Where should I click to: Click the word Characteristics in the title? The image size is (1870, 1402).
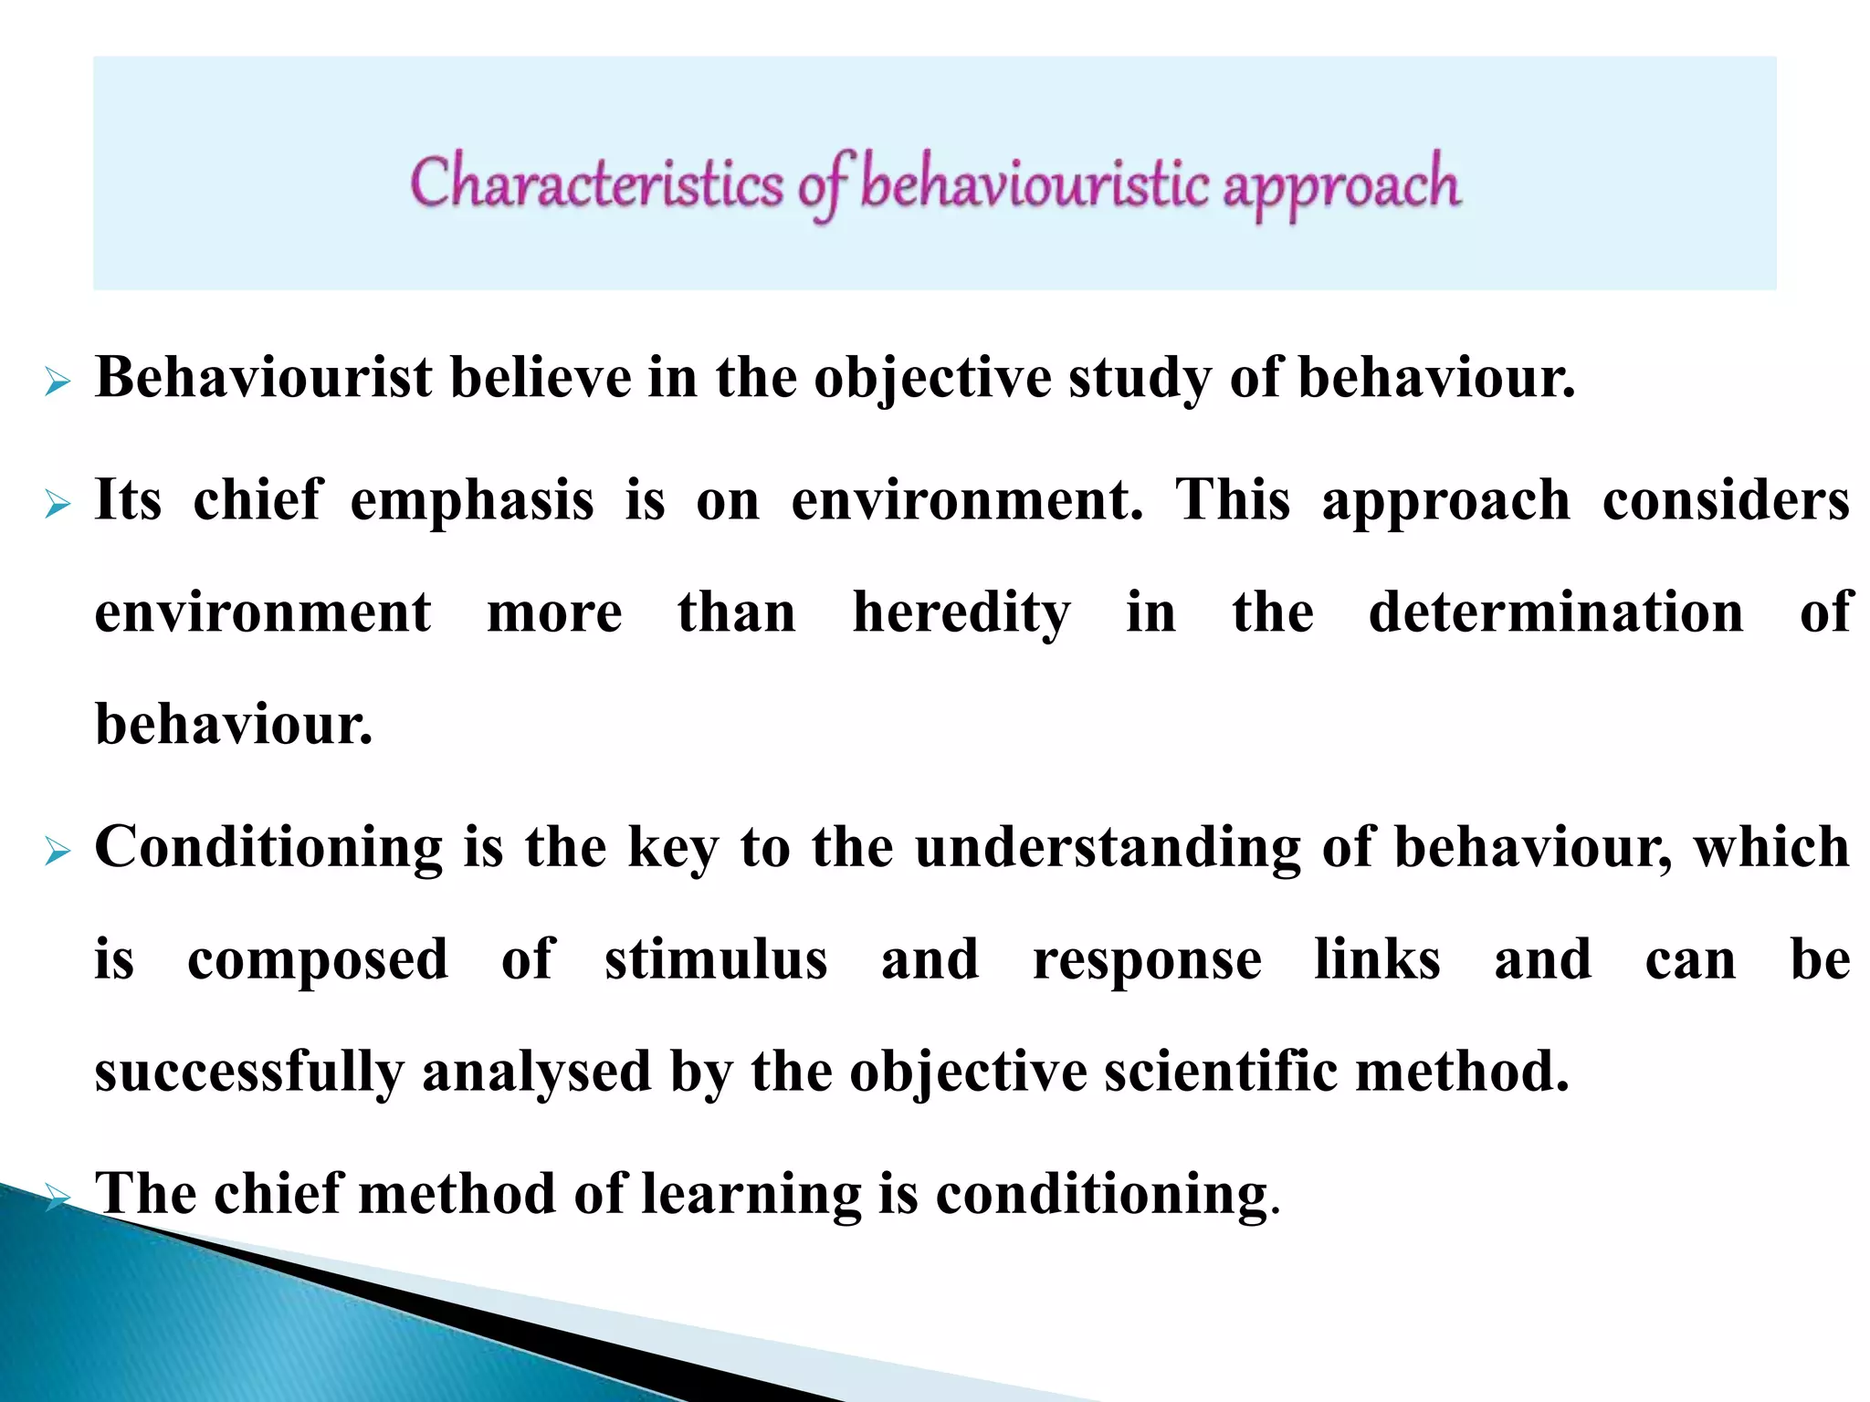click(x=596, y=183)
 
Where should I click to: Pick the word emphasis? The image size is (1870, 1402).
click(x=472, y=501)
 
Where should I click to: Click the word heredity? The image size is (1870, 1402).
click(x=961, y=612)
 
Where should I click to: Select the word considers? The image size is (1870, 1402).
click(x=1726, y=500)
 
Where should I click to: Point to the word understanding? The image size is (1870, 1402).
click(x=1108, y=848)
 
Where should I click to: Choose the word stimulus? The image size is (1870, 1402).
click(x=716, y=959)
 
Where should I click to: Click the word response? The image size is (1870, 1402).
click(x=1148, y=961)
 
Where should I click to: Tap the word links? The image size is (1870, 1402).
click(x=1378, y=959)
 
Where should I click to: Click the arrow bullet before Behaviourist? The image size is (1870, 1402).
click(x=58, y=383)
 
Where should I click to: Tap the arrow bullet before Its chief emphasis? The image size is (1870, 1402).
click(x=58, y=504)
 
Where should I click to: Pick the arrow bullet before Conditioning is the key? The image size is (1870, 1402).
click(x=58, y=853)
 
